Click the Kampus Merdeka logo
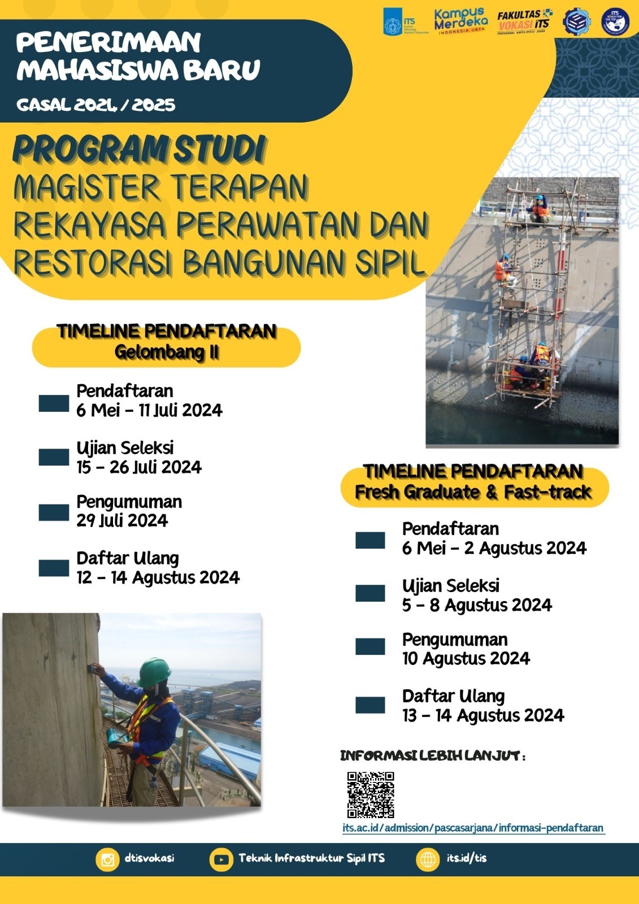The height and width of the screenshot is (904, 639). pos(460,21)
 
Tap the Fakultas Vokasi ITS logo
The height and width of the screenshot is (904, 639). pos(524,22)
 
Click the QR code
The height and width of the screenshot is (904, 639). pos(371,795)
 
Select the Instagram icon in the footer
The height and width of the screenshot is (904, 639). pos(107,859)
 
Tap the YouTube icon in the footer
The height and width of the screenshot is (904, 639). pos(221,859)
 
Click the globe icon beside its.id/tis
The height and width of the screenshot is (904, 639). pos(428,859)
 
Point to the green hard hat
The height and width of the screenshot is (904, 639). pos(154,671)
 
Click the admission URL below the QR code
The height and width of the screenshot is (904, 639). pos(473,828)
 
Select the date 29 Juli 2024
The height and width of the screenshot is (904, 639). pos(122,520)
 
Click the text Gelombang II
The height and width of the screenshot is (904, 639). pos(167,353)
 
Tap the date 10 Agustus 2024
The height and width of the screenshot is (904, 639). pos(466,659)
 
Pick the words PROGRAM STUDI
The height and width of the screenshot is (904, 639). pos(139,150)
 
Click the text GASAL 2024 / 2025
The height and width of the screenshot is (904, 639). pos(96,105)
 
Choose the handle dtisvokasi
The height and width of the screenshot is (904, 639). pos(149,858)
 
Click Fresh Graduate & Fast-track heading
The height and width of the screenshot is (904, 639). pos(473,492)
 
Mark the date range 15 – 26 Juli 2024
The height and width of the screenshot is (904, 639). pos(139,467)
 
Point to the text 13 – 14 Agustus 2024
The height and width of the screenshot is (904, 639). pos(483,716)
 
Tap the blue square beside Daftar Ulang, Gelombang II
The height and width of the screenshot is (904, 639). pos(54,568)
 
